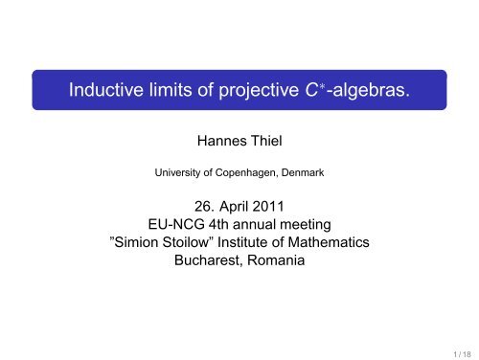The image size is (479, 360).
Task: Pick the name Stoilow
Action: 202,240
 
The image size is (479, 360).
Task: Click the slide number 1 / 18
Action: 457,349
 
